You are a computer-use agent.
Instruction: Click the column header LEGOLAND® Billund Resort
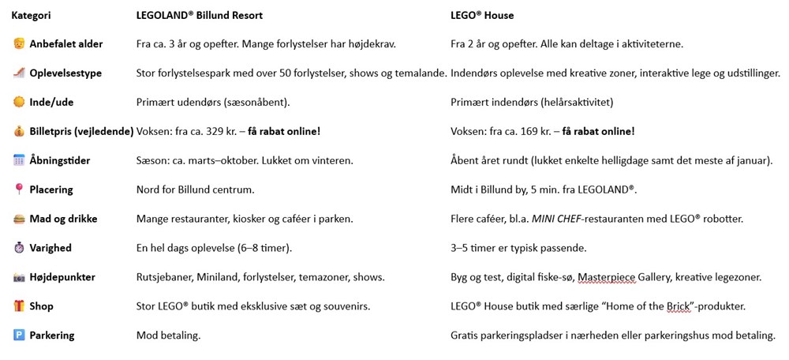tap(200, 15)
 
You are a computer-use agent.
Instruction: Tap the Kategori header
tap(32, 15)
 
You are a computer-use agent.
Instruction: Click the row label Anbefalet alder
tap(66, 44)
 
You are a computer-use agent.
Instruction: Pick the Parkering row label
tap(51, 336)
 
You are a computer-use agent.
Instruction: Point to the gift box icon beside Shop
tap(19, 306)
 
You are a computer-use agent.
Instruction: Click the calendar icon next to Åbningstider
tap(19, 160)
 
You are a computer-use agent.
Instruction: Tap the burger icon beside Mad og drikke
tap(19, 219)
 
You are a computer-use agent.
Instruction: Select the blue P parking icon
tap(19, 336)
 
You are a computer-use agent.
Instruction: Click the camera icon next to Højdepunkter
tap(19, 277)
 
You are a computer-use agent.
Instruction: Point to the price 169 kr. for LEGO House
tap(525, 132)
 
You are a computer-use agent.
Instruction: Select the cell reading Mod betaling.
tap(168, 336)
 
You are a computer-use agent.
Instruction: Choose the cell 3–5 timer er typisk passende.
tap(518, 248)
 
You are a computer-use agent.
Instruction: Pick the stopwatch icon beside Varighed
tap(19, 248)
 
